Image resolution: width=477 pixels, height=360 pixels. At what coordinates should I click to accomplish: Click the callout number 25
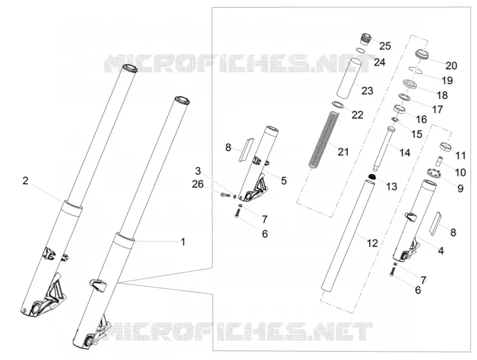click(385, 46)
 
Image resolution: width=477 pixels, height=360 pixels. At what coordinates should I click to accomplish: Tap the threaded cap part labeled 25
click(366, 39)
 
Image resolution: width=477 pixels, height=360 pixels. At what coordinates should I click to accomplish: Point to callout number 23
click(367, 91)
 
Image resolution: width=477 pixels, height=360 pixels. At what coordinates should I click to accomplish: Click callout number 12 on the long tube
click(372, 243)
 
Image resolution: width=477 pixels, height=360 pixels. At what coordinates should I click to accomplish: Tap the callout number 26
click(198, 184)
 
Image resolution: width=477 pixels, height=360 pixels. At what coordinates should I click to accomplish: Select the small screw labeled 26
click(224, 194)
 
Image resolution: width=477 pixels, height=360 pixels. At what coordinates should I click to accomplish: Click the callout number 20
click(451, 66)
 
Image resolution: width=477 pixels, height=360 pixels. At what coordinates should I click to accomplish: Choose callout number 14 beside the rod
click(405, 153)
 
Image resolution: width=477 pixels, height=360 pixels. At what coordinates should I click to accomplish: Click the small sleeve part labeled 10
click(438, 161)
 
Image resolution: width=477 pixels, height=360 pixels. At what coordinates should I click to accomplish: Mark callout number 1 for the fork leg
click(183, 242)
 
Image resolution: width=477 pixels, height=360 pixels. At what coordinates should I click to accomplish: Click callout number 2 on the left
click(26, 181)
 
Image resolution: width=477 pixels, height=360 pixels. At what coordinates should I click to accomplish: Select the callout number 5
click(284, 181)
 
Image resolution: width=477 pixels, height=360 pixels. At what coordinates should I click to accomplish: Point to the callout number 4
click(441, 250)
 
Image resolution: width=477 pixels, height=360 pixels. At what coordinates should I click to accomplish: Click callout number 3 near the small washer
click(198, 171)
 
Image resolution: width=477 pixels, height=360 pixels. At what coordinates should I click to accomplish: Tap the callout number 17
click(438, 109)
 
